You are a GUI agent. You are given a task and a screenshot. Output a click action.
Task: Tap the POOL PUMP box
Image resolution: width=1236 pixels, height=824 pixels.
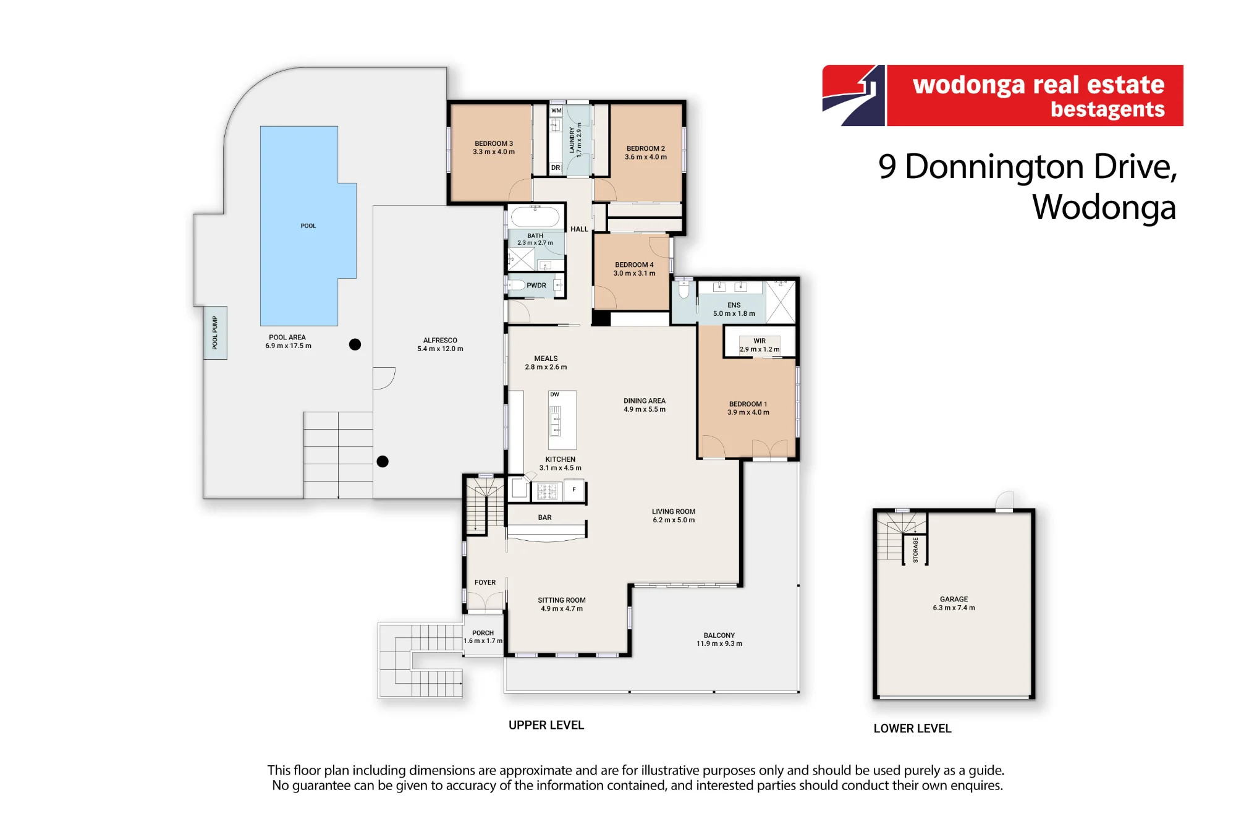tap(215, 333)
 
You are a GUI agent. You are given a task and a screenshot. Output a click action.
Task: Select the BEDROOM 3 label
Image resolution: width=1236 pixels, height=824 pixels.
tap(494, 143)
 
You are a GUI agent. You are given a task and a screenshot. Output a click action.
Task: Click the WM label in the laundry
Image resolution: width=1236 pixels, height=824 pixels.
tap(556, 111)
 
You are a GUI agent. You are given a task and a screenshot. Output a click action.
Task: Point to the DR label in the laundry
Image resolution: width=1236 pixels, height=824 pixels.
tap(556, 168)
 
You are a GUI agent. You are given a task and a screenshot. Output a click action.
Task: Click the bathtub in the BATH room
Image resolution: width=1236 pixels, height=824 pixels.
tap(535, 217)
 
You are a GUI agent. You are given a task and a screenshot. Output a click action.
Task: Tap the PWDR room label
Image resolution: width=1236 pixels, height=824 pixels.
tap(536, 286)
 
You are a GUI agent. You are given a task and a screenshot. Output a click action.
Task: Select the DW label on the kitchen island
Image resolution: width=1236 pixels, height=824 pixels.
tap(554, 394)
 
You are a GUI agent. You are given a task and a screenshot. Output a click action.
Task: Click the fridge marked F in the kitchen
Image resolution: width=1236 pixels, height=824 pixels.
tap(574, 490)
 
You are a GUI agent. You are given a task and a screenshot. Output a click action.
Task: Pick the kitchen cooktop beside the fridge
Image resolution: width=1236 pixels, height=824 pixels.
tap(547, 491)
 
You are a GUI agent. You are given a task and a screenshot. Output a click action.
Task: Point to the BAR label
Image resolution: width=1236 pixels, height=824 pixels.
tap(544, 517)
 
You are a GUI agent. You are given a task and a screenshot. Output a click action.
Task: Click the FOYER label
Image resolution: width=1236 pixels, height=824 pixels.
tap(485, 582)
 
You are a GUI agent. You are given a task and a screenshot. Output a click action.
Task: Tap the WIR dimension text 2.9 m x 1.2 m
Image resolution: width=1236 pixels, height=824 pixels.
tap(760, 349)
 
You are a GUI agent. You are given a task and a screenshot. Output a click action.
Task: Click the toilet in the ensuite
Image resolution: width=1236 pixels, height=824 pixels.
tap(684, 289)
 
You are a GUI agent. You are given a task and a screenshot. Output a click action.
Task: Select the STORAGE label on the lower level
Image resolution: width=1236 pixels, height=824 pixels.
tap(915, 550)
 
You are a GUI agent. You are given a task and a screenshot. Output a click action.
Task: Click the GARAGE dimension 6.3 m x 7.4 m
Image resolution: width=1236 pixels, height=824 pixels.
tap(954, 608)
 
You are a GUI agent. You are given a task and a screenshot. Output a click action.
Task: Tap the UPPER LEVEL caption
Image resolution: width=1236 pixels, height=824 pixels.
tap(546, 725)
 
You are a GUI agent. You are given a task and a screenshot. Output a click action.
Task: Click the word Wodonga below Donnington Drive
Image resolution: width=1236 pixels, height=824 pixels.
tap(1104, 208)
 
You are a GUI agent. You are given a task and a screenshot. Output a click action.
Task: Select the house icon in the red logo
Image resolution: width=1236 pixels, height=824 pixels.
tap(853, 96)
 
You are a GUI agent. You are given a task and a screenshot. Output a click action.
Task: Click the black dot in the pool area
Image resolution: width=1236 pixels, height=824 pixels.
tap(355, 344)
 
